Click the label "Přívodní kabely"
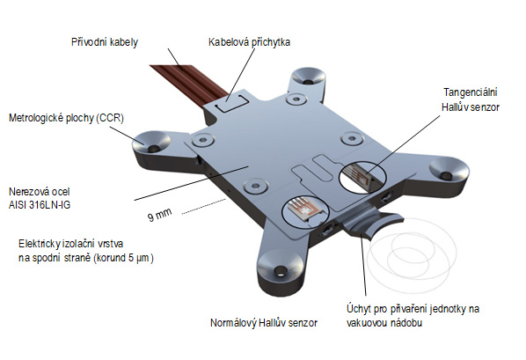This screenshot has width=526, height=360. pyautogui.click(x=105, y=42)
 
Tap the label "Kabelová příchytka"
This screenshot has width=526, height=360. pyautogui.click(x=249, y=42)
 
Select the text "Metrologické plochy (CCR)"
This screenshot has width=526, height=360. pyautogui.click(x=66, y=118)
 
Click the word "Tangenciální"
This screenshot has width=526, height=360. pyautogui.click(x=471, y=92)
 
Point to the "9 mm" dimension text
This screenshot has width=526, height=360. pyautogui.click(x=160, y=214)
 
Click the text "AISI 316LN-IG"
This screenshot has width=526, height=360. pyautogui.click(x=40, y=205)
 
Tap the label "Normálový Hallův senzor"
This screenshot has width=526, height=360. pyautogui.click(x=264, y=323)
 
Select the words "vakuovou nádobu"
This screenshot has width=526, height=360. pyautogui.click(x=384, y=323)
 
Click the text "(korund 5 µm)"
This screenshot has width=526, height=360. pyautogui.click(x=123, y=258)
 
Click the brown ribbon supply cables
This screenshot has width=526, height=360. pyautogui.click(x=188, y=81)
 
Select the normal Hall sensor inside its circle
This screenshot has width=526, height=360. pyautogui.click(x=305, y=210)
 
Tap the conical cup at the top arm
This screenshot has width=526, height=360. pyautogui.click(x=308, y=77)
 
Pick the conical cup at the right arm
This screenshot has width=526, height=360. pyautogui.click(x=449, y=169)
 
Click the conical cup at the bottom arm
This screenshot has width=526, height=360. pyautogui.click(x=281, y=265)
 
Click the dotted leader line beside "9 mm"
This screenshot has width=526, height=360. pyautogui.click(x=204, y=206)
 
